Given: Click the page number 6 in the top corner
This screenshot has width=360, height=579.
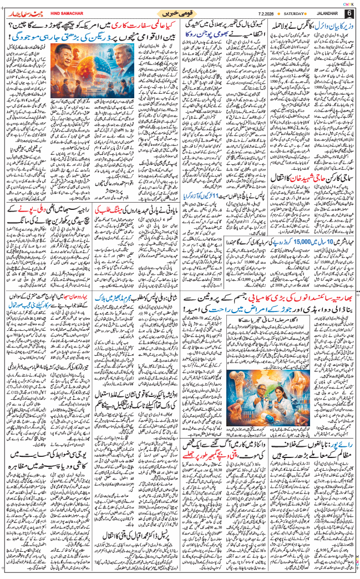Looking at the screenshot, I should (348, 13).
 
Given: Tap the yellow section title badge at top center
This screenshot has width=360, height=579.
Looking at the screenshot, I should (180, 12).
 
